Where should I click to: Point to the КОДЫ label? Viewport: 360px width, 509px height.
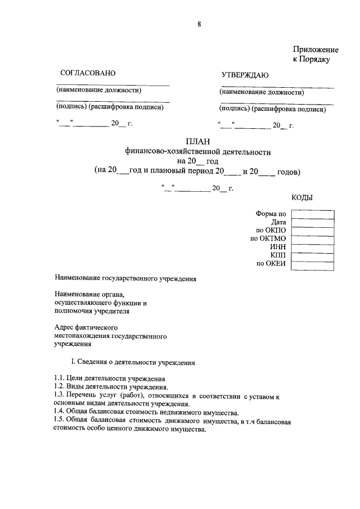[x=303, y=197]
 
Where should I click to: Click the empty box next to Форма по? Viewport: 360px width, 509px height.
[x=313, y=214]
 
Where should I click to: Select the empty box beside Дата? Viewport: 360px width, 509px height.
[x=313, y=222]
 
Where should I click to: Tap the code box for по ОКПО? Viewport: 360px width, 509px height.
[x=313, y=231]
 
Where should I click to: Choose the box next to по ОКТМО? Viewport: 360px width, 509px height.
[x=313, y=239]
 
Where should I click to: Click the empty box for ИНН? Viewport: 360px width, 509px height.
[x=313, y=247]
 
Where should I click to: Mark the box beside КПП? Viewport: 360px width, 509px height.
[x=313, y=256]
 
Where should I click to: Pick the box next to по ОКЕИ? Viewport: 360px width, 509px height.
[x=313, y=264]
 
